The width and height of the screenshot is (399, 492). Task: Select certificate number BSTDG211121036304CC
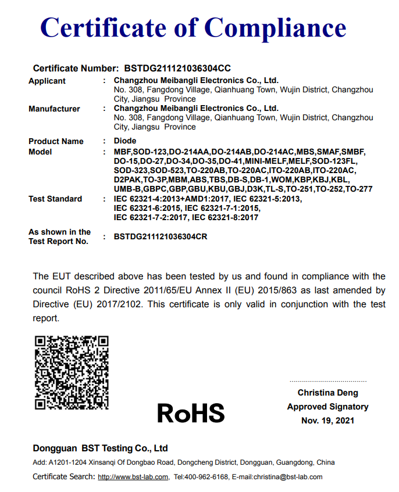[177, 69]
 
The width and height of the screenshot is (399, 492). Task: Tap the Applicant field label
[47, 81]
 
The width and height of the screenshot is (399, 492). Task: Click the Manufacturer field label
[54, 109]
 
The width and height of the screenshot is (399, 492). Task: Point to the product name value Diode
[125, 141]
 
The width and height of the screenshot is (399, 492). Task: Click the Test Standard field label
[55, 199]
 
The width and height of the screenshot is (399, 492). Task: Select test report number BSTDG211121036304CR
[161, 236]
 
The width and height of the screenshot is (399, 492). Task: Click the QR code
[72, 372]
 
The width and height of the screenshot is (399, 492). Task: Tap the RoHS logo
[191, 413]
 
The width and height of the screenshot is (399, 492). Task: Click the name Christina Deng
[327, 393]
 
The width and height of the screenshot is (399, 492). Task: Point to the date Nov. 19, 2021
[327, 421]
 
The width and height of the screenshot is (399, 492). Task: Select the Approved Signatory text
[327, 407]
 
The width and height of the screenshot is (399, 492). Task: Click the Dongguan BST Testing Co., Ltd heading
[100, 448]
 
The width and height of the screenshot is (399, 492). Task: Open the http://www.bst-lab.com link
[133, 477]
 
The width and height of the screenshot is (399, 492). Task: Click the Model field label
[40, 152]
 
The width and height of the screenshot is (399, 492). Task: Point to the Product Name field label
[56, 141]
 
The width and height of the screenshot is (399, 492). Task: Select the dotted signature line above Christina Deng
[327, 382]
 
